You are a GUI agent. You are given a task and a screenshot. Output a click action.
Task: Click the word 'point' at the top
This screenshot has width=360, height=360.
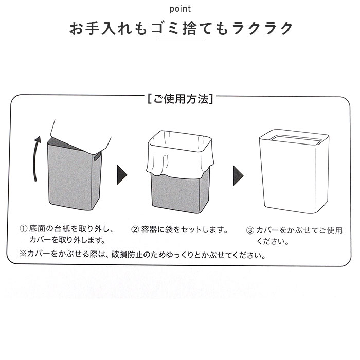[x=179, y=9]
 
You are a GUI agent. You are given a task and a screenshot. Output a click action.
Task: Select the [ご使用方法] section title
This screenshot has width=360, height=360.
[x=179, y=99]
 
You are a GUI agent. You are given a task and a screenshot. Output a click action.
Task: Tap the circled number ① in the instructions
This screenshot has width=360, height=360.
[x=23, y=229]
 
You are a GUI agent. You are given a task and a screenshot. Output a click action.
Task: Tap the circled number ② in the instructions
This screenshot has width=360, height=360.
[x=136, y=229]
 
